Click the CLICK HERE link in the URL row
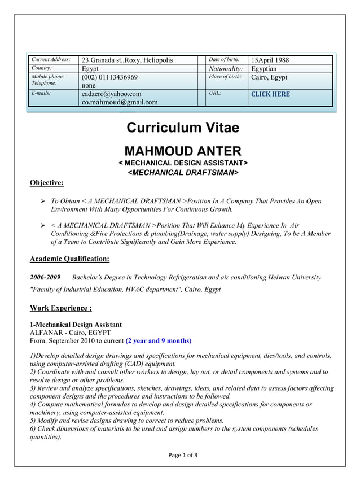pos(270,94)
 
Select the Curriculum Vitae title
pos(183,128)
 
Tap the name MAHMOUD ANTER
pos(183,151)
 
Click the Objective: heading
pos(46,182)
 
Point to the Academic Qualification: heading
pos(69,259)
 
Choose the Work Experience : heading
pos(60,308)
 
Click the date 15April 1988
pos(270,60)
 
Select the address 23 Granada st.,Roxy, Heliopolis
pos(128,60)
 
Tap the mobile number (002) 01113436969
pos(109,77)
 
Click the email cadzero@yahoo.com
pos(112,94)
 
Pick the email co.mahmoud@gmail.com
pos(120,102)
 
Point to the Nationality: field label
pos(226,69)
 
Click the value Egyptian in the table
pos(264,69)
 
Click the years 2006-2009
pos(45,277)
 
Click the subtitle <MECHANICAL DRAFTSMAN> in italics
pos(183,172)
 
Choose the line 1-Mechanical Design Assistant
pos(76,325)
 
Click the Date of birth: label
pos(224,59)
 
